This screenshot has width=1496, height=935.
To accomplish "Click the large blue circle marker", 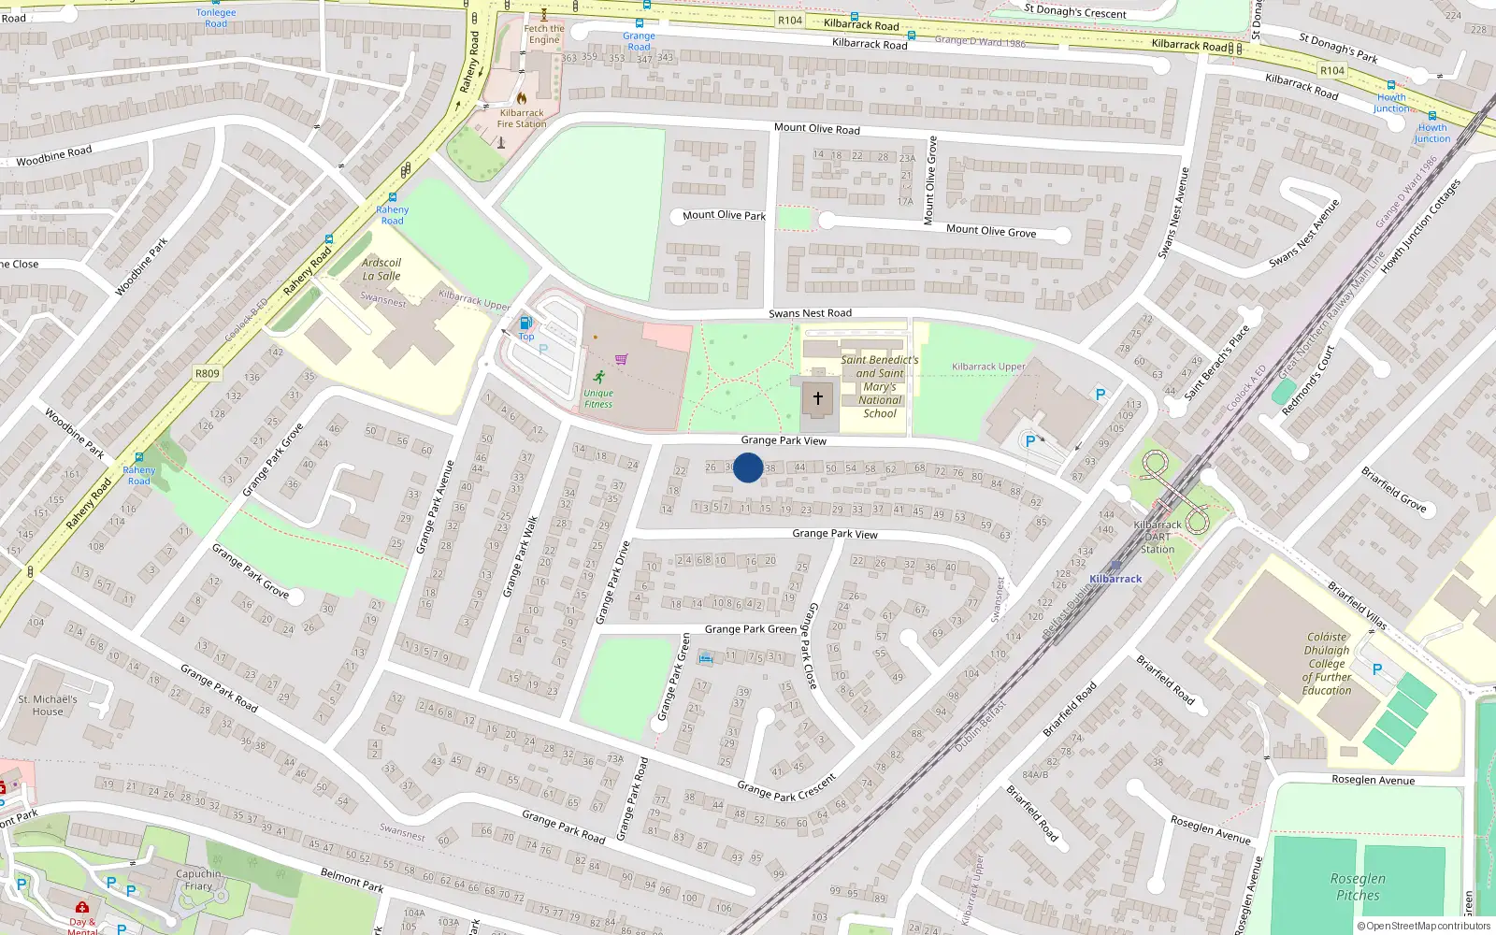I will (748, 467).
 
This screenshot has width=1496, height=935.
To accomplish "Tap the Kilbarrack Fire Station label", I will (522, 118).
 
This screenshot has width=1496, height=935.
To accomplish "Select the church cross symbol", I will (818, 398).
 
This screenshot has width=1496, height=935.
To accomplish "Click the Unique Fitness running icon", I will (598, 377).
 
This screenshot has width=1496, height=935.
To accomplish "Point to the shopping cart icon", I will (622, 359).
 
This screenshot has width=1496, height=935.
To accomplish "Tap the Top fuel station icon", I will (525, 324).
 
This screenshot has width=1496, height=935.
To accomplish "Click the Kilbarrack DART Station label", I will (1158, 537).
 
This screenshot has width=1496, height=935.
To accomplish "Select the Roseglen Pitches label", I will (1358, 886).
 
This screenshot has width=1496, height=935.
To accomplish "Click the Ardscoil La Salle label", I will (381, 269).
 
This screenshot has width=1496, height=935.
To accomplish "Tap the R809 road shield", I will (208, 373).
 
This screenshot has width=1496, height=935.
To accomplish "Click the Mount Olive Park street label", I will (724, 215).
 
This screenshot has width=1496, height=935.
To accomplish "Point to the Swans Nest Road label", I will (810, 313).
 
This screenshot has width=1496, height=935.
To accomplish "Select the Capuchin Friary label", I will (198, 880).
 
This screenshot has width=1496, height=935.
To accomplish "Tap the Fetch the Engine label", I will (544, 34).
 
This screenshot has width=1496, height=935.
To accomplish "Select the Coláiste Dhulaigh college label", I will (1327, 663).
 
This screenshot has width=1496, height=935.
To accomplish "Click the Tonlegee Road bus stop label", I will (216, 18).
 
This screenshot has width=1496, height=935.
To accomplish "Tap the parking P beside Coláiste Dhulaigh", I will (1377, 669).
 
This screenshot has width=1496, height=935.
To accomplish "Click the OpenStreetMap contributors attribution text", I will (1423, 926).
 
